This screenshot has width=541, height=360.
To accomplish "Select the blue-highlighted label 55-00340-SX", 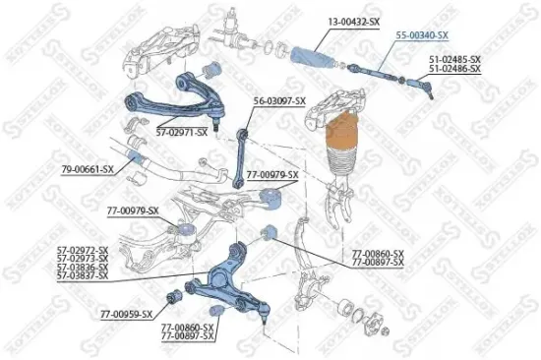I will coord(422,34).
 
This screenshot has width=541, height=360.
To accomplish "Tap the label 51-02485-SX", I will coord(454,59).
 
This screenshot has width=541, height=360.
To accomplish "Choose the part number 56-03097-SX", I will coord(280,100).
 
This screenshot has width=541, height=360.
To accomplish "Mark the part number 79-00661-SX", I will coord(88,168).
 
